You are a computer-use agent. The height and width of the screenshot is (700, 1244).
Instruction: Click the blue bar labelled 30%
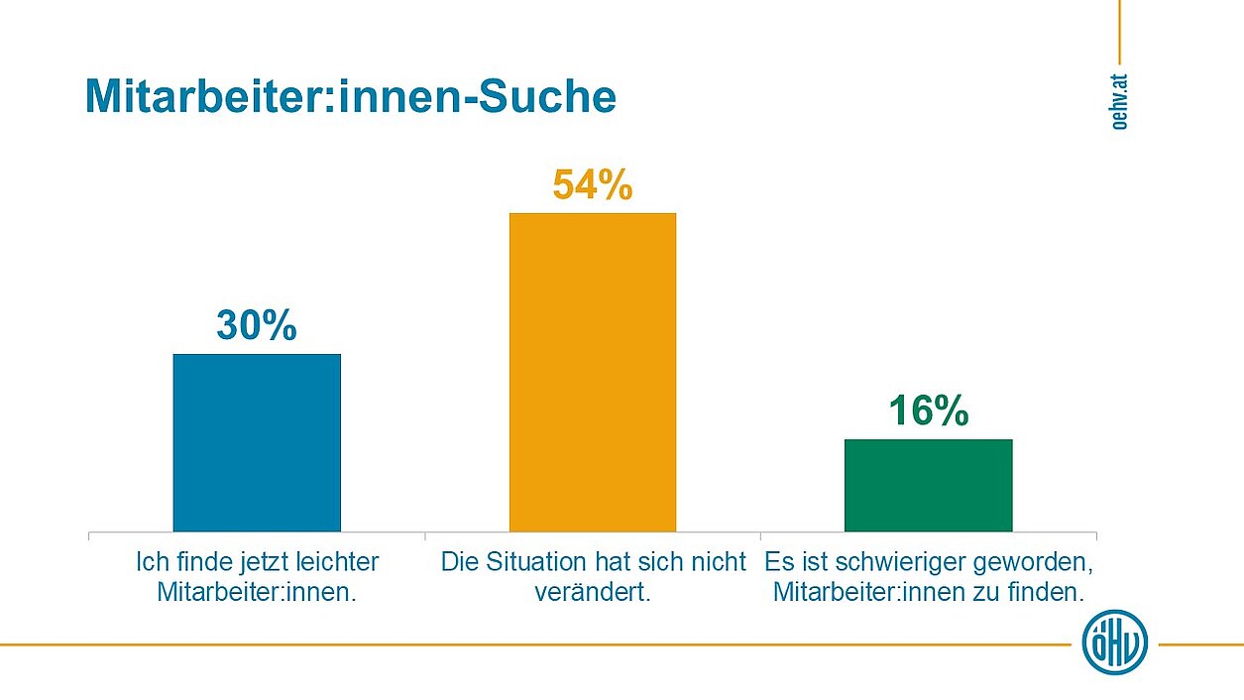[x=257, y=442]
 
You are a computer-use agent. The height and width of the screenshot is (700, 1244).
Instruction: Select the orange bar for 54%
[x=593, y=372]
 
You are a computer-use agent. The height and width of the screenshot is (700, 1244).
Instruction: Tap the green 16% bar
[x=928, y=485]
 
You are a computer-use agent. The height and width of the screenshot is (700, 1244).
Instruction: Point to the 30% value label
[x=257, y=325]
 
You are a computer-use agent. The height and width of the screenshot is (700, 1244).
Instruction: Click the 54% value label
[x=593, y=185]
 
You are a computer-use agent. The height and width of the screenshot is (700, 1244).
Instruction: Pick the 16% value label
[x=928, y=410]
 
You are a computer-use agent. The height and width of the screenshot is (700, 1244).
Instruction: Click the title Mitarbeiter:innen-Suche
[x=351, y=97]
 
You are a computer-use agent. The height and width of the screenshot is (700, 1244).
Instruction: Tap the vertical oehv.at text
[x=1119, y=99]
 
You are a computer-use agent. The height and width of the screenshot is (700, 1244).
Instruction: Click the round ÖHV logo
[x=1114, y=642]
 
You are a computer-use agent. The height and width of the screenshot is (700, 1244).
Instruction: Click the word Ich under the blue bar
[x=148, y=562]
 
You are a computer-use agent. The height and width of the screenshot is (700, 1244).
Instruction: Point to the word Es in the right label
[x=778, y=562]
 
